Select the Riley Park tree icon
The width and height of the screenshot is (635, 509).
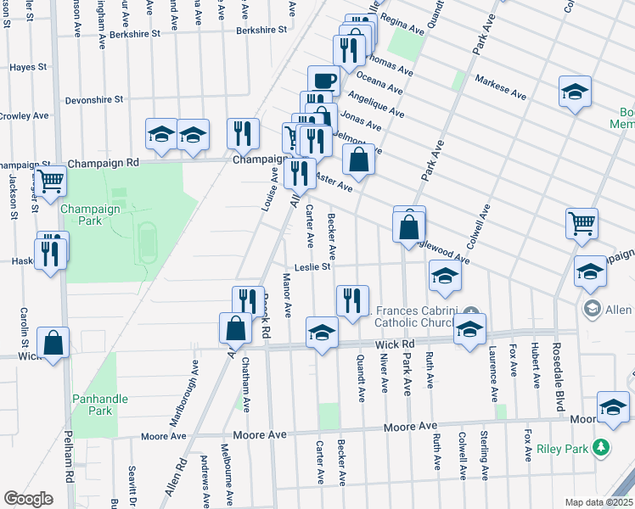601,446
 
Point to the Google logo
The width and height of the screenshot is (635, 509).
27,499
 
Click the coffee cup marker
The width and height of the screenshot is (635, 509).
323,81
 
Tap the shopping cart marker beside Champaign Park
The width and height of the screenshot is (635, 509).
51,180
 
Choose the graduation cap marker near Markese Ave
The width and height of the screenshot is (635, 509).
575,91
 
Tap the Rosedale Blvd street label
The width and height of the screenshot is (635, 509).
560,381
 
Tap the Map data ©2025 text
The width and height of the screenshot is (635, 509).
599,502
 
